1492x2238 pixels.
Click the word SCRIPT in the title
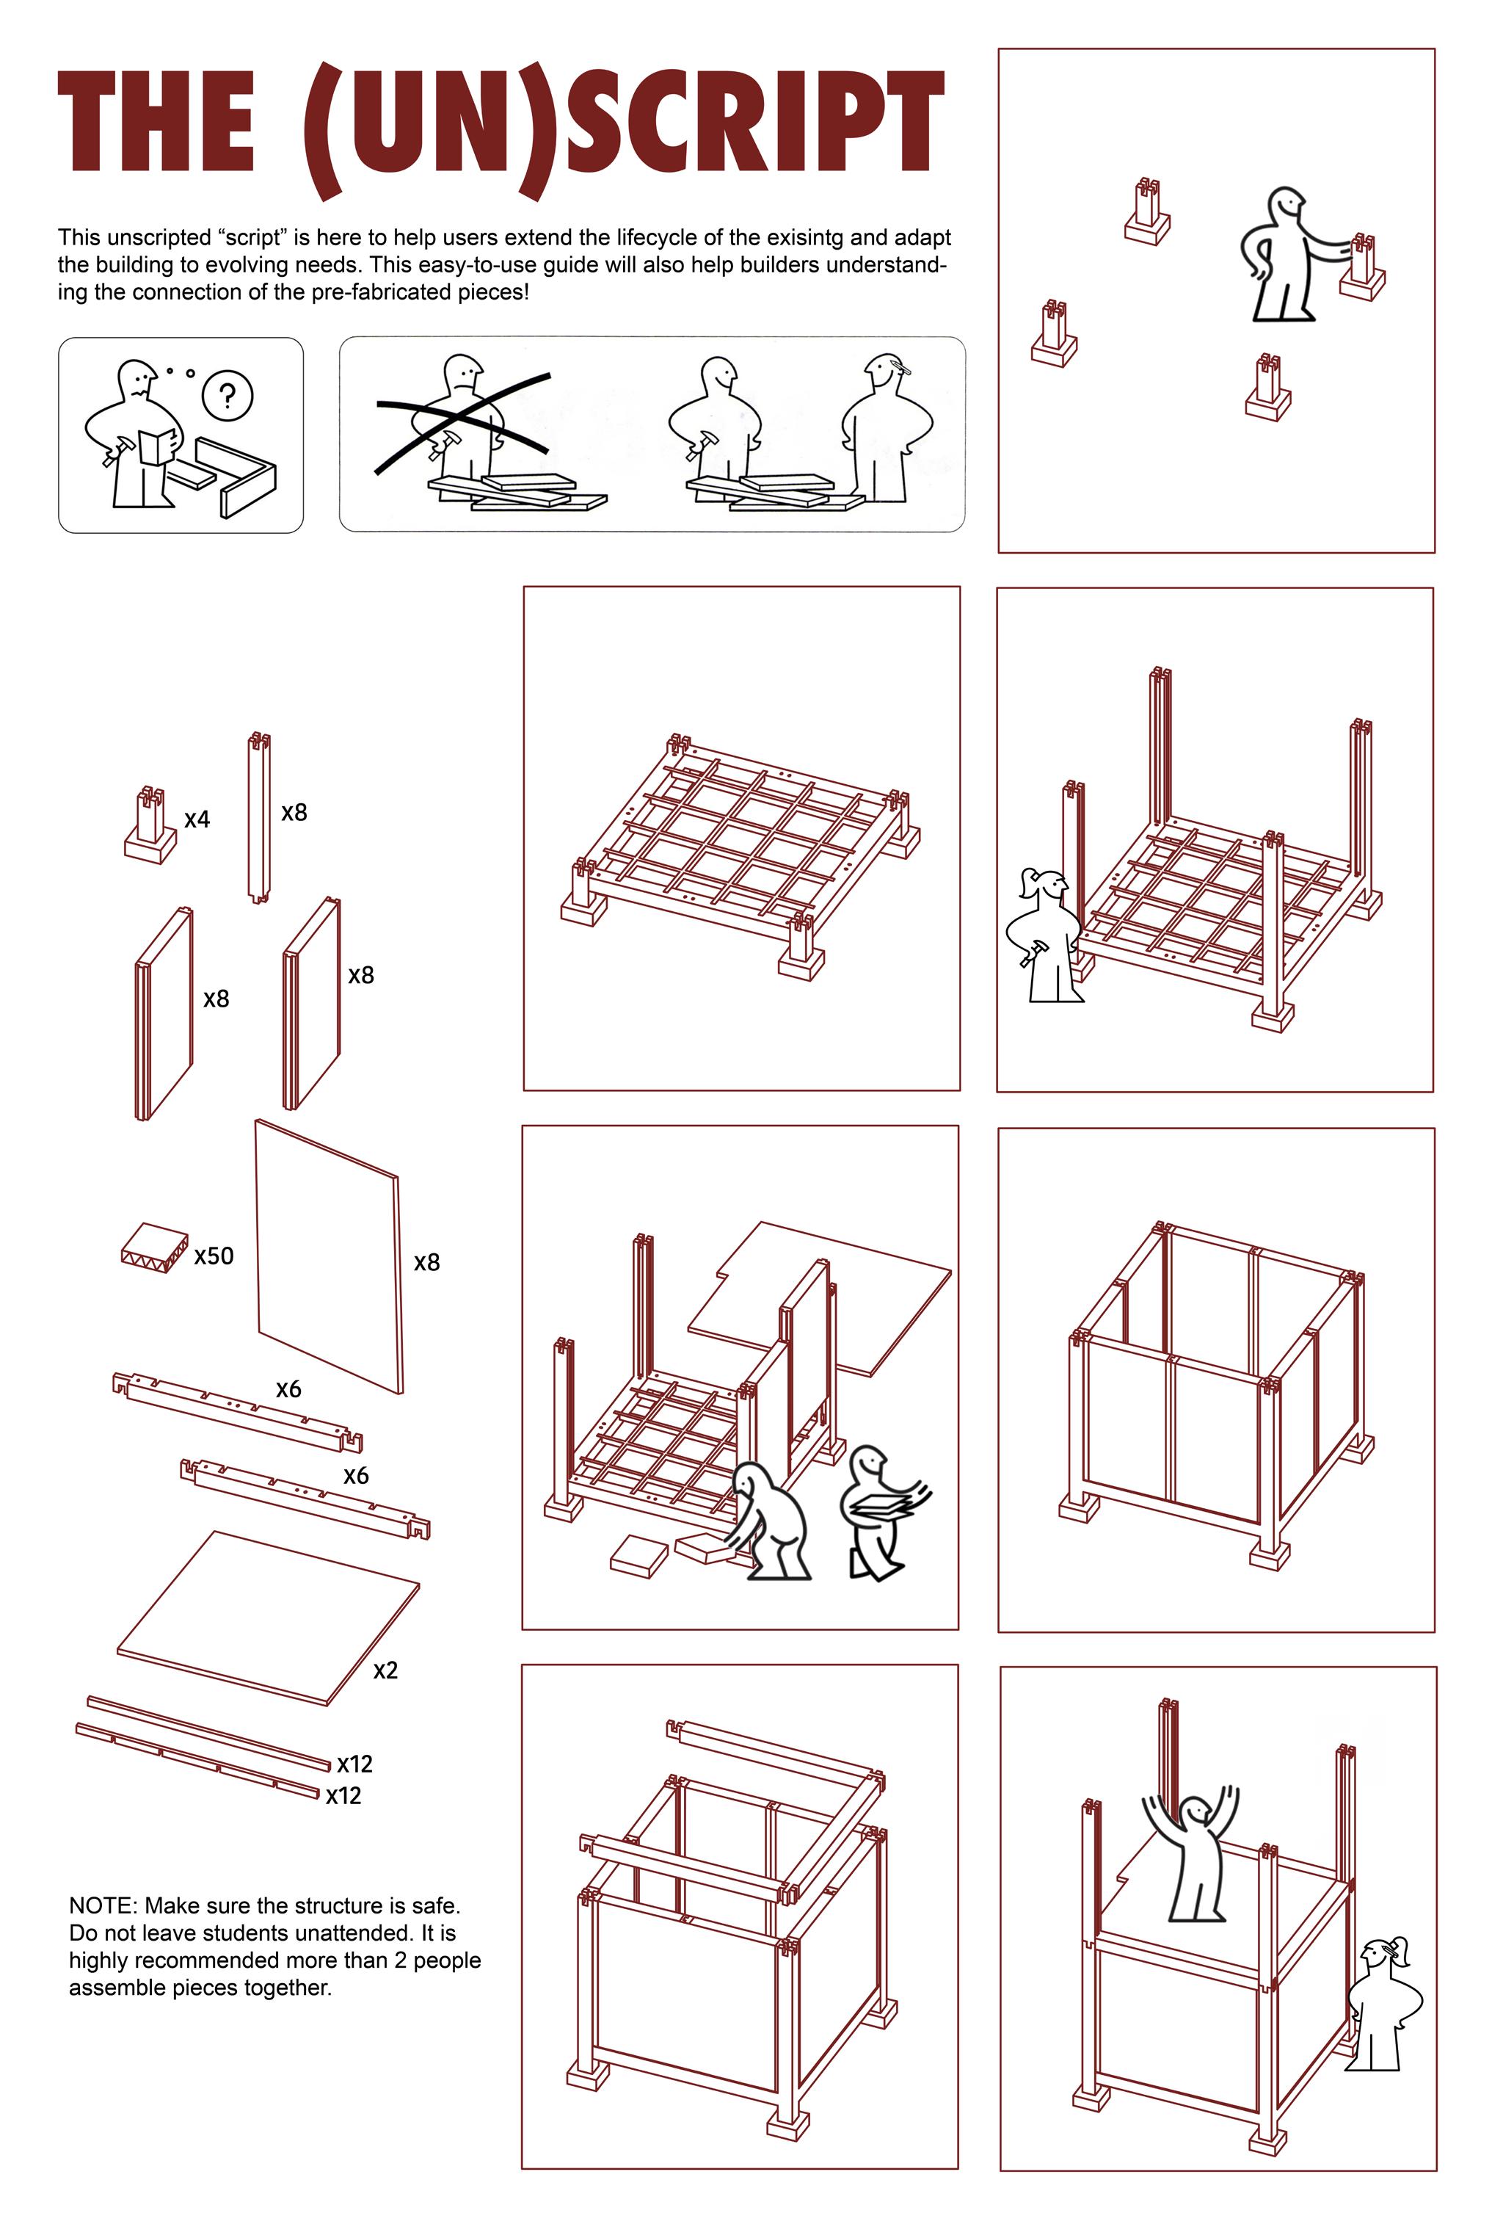coord(754,122)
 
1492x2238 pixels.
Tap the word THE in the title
coord(156,122)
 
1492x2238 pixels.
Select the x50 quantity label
coord(214,1256)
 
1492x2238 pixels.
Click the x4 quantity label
coord(197,819)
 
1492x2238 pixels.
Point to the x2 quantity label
coord(385,1670)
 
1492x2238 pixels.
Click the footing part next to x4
coord(150,825)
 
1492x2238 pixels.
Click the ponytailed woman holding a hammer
coord(1045,935)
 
